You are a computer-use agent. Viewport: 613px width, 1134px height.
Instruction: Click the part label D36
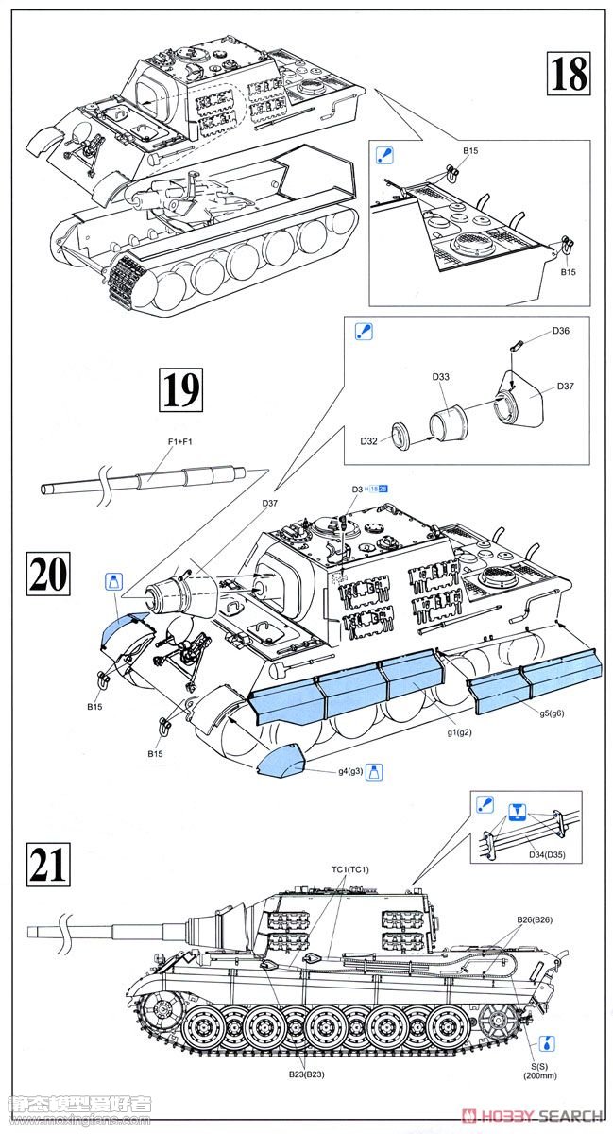[x=560, y=331]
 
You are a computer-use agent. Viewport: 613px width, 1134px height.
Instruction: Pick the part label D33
[x=441, y=377]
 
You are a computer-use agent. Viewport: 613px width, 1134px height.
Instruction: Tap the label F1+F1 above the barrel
[x=180, y=441]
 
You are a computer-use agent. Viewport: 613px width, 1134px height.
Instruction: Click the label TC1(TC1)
[x=350, y=869]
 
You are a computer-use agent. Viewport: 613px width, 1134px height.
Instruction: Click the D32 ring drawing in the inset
[x=402, y=436]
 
